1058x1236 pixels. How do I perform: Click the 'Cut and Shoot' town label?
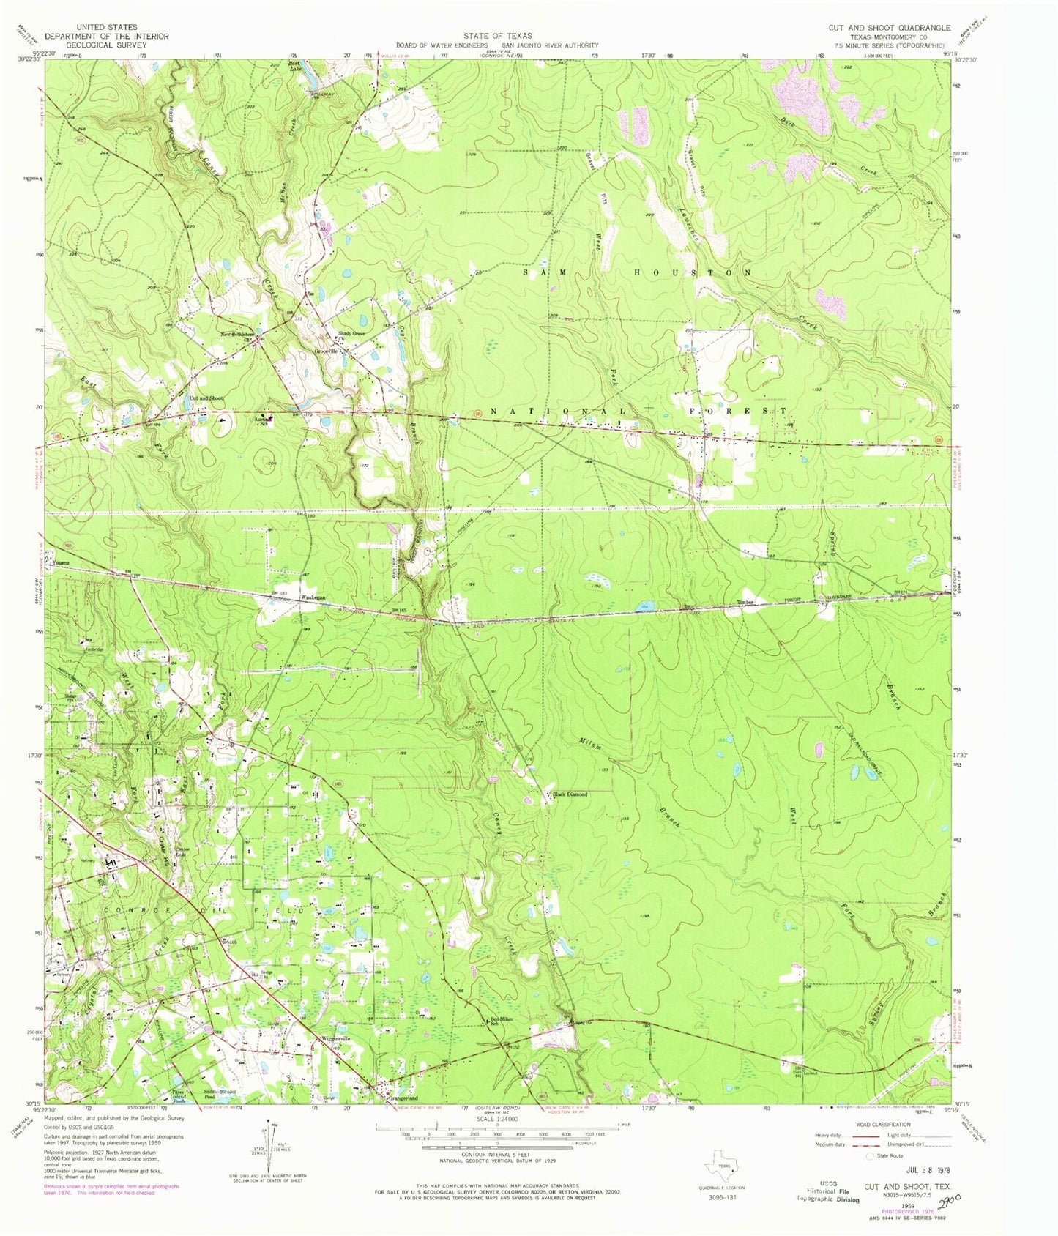(206, 398)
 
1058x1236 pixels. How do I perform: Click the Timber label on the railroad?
(745, 603)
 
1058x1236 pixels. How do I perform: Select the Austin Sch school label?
(269, 421)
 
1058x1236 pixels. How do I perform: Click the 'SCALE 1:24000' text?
(496, 1118)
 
